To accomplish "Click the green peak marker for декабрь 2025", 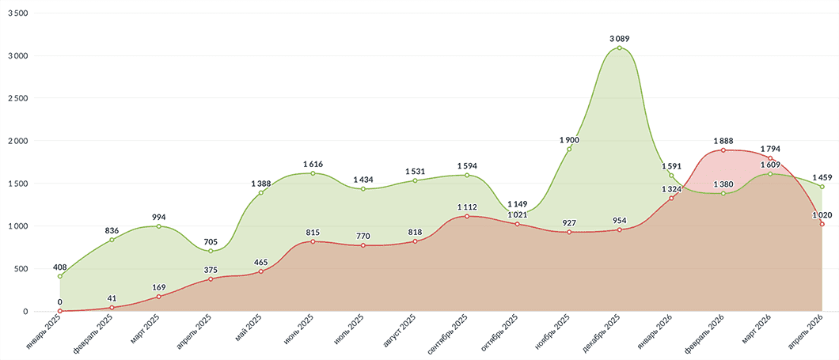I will pyautogui.click(x=620, y=48).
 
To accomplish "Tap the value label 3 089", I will pyautogui.click(x=620, y=38).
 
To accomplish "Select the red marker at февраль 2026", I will pyautogui.click(x=723, y=150).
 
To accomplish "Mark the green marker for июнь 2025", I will pyautogui.click(x=313, y=173).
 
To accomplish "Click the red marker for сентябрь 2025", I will pyautogui.click(x=467, y=216).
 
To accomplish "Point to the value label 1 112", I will pyautogui.click(x=467, y=207).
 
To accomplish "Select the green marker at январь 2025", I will pyautogui.click(x=60, y=276).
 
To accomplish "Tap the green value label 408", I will pyautogui.click(x=60, y=267).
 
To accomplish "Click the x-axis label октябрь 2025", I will pyautogui.click(x=499, y=336).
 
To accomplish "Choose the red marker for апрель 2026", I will pyautogui.click(x=822, y=224).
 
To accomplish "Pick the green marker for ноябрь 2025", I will pyautogui.click(x=569, y=149).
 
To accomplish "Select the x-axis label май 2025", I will pyautogui.click(x=249, y=332).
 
